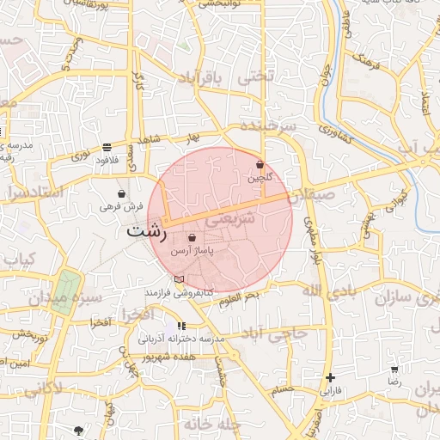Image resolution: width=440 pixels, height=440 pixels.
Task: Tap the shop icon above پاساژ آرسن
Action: click(192, 237)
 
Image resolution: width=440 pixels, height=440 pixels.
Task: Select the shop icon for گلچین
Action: click(260, 164)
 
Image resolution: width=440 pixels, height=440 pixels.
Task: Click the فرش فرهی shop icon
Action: click(121, 193)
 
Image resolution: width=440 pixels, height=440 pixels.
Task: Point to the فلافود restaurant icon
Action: click(106, 146)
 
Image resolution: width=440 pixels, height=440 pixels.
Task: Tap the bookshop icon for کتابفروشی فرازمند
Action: click(179, 279)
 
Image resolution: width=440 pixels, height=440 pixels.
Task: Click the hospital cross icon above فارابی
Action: click(331, 377)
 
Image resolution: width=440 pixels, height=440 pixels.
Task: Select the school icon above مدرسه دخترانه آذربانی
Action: click(181, 326)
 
